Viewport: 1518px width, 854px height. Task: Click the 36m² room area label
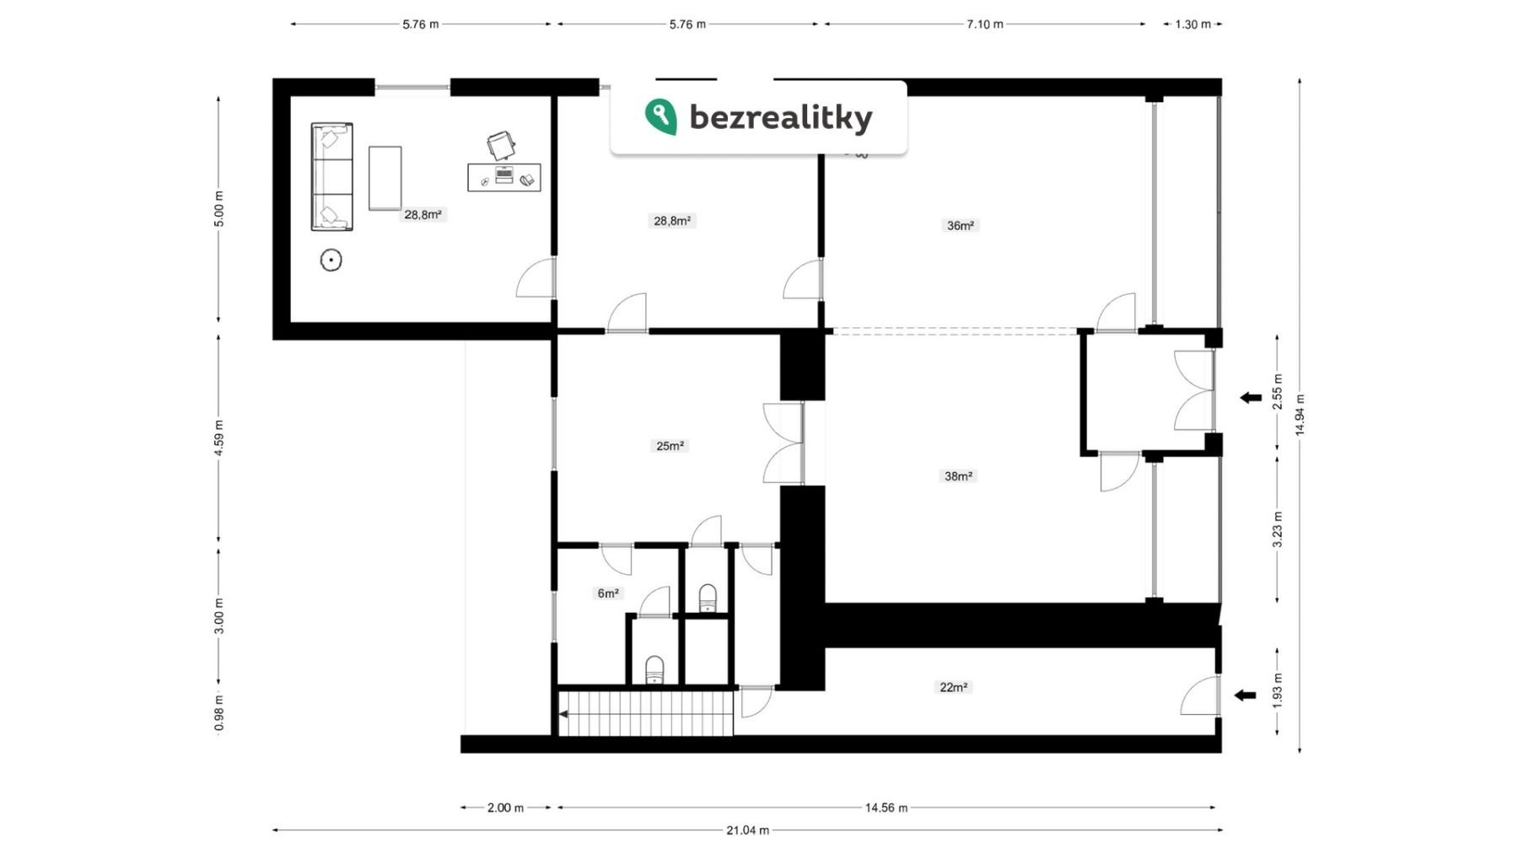tap(961, 226)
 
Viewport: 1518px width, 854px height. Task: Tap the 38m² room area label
tap(958, 476)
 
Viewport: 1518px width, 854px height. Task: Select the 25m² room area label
tap(670, 446)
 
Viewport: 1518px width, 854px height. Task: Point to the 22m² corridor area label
tap(954, 687)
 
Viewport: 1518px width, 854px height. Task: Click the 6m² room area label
tap(608, 594)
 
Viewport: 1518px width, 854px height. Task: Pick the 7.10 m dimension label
tap(985, 24)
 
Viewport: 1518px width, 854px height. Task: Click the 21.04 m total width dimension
tap(747, 830)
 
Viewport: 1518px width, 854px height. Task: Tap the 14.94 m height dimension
tap(1300, 415)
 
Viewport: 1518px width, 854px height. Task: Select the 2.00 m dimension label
tap(505, 808)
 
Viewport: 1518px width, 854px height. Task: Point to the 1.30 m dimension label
tap(1192, 24)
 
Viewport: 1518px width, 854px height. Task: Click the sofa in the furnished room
tap(331, 176)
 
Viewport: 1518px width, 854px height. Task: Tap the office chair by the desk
tap(501, 146)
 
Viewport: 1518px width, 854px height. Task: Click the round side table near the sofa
tap(331, 260)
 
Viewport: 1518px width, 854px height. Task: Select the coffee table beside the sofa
tap(385, 178)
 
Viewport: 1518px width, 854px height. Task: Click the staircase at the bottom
tap(645, 713)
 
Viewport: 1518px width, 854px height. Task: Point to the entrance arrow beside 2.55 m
tap(1250, 398)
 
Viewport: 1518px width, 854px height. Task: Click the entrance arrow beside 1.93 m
tap(1245, 696)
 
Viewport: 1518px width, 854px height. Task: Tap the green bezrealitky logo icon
tap(660, 116)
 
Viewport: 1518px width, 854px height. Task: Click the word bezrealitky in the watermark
tap(781, 117)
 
